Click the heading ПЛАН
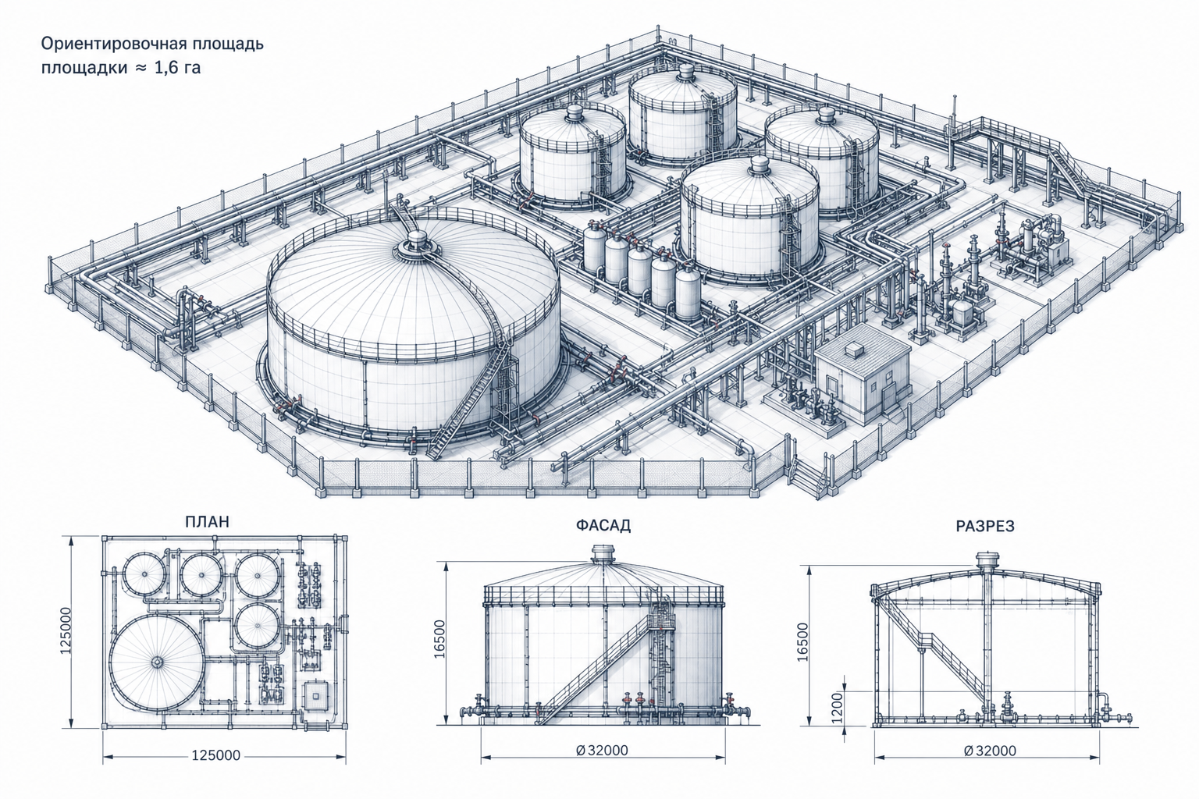(x=207, y=521)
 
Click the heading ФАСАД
(x=603, y=526)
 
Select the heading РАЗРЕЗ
(x=985, y=526)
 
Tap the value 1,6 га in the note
(x=177, y=68)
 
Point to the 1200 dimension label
(x=838, y=707)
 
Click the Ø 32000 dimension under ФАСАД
(x=602, y=750)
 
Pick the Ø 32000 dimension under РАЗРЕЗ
(x=990, y=751)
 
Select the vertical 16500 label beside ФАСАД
(x=439, y=638)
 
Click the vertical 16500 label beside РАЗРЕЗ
(x=802, y=641)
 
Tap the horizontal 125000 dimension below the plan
(x=216, y=755)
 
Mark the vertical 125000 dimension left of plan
(x=66, y=630)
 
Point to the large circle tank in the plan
(x=158, y=662)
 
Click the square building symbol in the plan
(x=315, y=696)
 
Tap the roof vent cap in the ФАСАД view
(x=604, y=553)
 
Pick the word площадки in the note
(x=84, y=69)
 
